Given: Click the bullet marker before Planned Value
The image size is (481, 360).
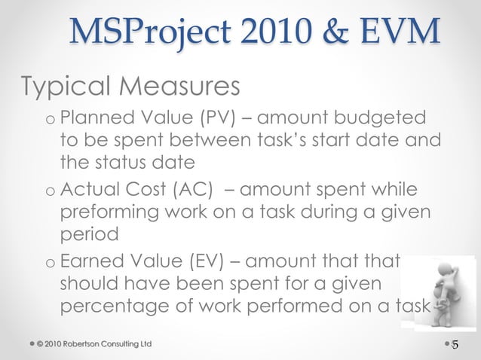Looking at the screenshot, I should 49,121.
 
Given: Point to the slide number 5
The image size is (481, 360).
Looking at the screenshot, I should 455,345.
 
